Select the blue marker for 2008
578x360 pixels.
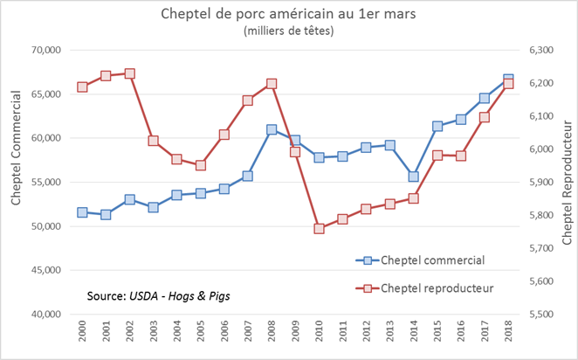(272, 129)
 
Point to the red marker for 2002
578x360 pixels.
(129, 73)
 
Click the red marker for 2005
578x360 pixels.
(201, 165)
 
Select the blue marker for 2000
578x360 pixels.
(82, 212)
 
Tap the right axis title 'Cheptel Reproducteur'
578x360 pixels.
(566, 175)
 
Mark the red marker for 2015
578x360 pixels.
(437, 156)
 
